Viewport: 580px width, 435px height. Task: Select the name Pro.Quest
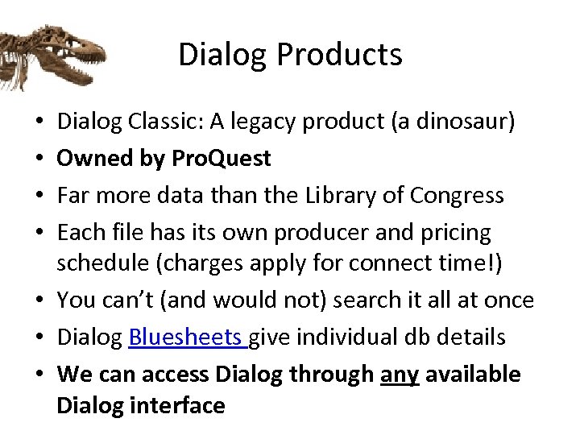(x=222, y=159)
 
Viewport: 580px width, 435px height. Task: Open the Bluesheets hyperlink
(x=187, y=337)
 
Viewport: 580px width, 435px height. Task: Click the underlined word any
(x=399, y=375)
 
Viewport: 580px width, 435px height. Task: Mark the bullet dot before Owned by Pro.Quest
(x=40, y=159)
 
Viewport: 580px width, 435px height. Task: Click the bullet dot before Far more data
(x=40, y=197)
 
